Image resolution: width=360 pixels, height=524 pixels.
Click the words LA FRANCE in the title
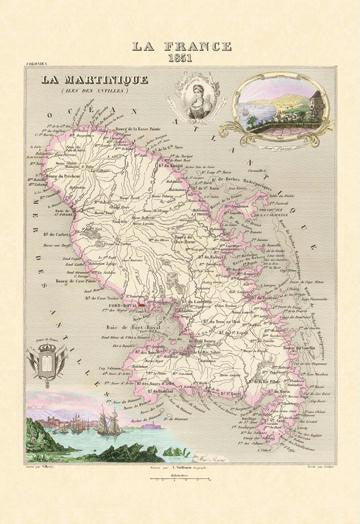(x=181, y=46)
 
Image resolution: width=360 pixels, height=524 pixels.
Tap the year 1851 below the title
(x=181, y=58)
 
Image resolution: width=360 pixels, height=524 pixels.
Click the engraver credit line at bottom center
(x=181, y=466)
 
